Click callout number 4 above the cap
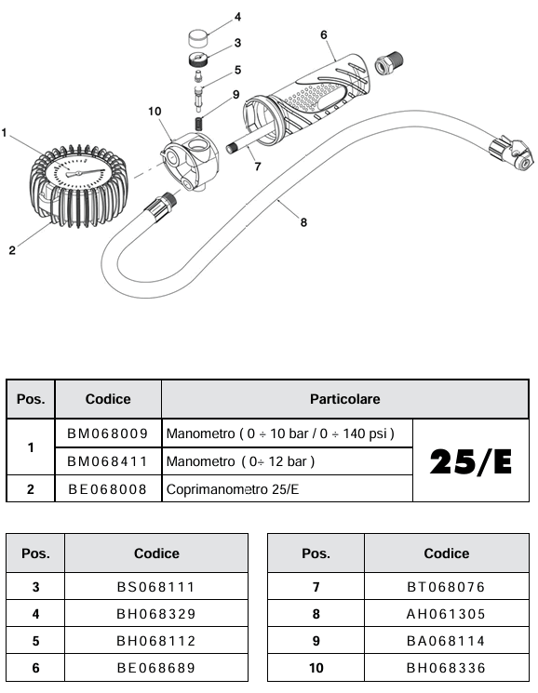point(237,17)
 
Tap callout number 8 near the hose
point(303,222)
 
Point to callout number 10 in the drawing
point(155,112)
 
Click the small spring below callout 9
point(199,124)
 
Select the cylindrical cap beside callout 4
point(198,38)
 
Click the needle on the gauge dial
point(86,172)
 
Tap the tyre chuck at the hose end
point(511,153)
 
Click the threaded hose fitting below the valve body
point(162,205)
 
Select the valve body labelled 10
point(190,162)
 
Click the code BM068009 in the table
point(107,433)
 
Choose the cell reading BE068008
point(107,489)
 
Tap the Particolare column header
point(344,399)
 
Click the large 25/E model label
point(471,462)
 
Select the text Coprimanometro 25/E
point(233,489)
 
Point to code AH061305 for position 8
point(446,614)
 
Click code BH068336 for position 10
point(446,668)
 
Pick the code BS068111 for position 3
point(156,587)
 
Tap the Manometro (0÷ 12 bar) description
point(240,462)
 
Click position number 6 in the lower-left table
point(35,668)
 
